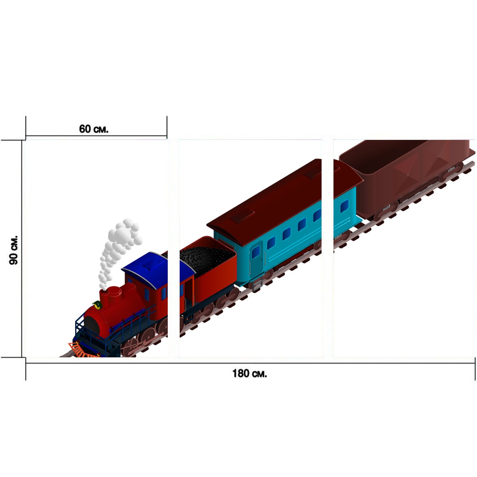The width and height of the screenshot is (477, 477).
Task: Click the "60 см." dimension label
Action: (93, 129)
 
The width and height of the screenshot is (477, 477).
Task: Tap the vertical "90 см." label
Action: (14, 250)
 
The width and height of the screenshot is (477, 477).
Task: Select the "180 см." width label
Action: (250, 373)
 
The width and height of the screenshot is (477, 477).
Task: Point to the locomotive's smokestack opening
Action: (104, 291)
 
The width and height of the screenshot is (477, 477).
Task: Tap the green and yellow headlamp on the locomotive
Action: (97, 305)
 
